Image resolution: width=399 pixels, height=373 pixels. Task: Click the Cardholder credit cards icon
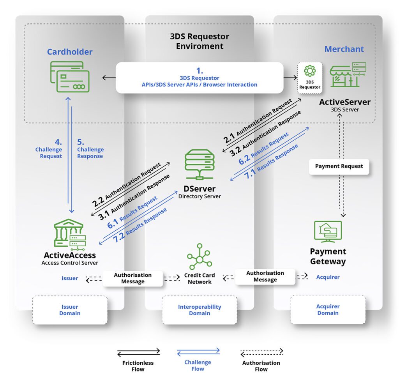[70, 77]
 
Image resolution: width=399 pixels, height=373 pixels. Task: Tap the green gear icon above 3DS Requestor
[310, 71]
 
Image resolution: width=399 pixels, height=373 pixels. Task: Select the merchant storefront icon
[348, 74]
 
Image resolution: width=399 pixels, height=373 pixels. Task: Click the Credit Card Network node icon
[199, 256]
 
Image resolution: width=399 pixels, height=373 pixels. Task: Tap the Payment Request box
[339, 166]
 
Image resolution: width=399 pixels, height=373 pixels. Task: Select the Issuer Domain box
[70, 310]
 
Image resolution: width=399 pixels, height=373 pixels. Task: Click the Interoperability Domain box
[199, 310]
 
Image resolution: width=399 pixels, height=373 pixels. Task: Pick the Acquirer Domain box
[328, 309]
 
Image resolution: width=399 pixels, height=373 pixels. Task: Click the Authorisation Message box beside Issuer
[132, 278]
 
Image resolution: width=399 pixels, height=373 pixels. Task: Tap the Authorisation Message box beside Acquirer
[265, 276]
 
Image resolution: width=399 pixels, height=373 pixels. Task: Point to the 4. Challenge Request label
[49, 149]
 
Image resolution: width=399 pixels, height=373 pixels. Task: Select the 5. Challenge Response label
[90, 149]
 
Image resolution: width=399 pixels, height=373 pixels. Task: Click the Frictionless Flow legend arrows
[139, 352]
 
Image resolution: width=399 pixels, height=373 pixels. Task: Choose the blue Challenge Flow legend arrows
[198, 352]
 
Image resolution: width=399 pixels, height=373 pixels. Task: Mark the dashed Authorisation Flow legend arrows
[262, 352]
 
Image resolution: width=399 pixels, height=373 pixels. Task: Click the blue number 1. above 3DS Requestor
[199, 71]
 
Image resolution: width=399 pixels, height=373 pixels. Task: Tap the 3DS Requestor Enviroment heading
[199, 41]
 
